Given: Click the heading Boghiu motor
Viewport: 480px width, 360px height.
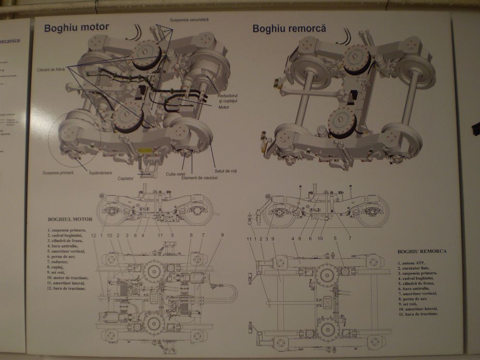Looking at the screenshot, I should tap(76, 27).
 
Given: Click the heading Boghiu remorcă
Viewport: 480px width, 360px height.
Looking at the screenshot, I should tap(289, 28).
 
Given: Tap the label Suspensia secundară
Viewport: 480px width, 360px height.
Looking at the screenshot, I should tap(189, 20).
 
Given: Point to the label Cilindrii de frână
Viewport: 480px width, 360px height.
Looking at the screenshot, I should tap(50, 70).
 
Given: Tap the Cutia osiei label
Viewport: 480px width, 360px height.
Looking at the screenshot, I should tap(175, 174).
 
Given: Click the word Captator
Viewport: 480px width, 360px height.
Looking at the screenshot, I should tap(125, 178).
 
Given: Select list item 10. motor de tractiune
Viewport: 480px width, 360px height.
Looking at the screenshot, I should tap(68, 278).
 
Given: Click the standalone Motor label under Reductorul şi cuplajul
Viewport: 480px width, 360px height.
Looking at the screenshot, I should tap(223, 107).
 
